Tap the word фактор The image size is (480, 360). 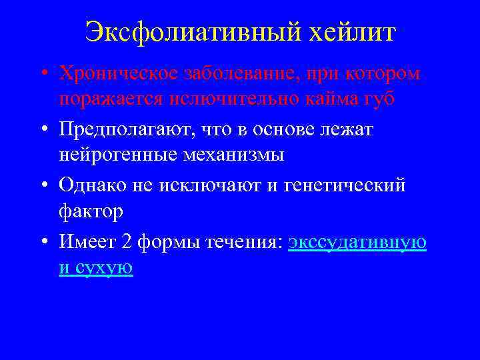91,212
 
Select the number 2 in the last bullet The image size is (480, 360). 127,242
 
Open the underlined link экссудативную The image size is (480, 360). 357,242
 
